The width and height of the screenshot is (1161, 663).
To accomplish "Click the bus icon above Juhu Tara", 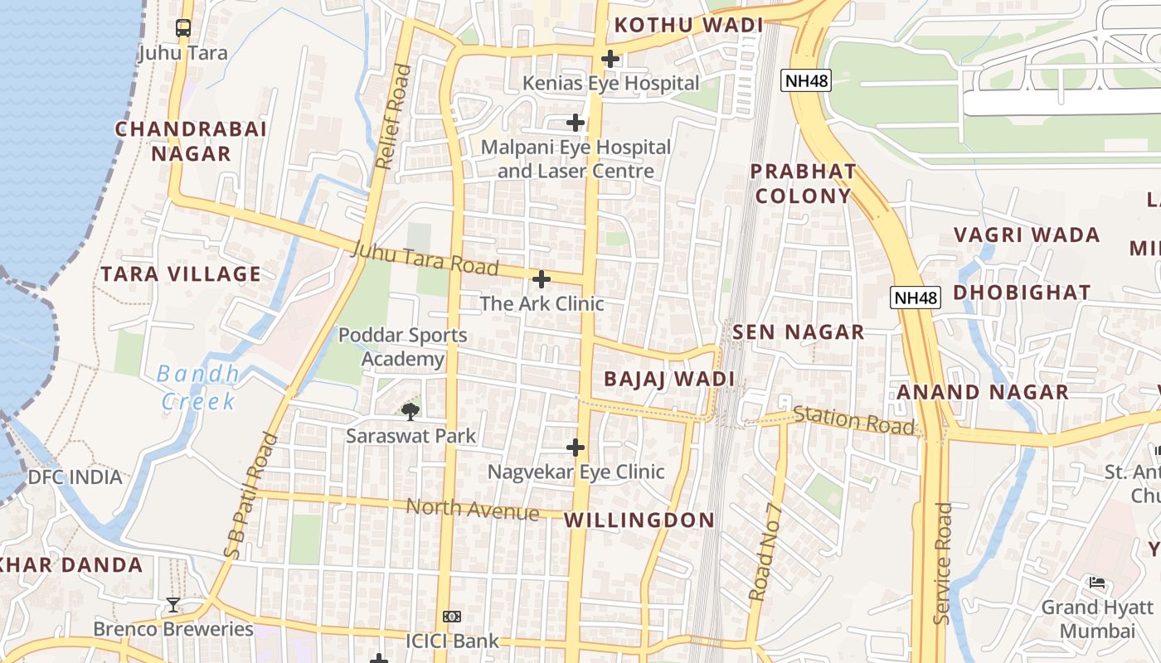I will tap(183, 28).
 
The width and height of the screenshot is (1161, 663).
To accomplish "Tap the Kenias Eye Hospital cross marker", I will tap(610, 59).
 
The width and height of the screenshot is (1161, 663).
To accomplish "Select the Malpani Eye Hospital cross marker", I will tap(576, 123).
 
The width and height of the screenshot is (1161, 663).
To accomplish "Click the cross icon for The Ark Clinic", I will tap(542, 279).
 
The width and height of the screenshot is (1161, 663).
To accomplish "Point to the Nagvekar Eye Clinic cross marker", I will tap(576, 448).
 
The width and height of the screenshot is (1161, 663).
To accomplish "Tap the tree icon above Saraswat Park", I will tap(410, 411).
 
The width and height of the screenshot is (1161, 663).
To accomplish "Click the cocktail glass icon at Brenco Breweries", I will tap(172, 605).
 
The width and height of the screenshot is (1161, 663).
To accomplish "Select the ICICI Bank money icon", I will tap(452, 617).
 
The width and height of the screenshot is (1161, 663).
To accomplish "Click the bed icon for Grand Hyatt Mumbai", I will tap(1097, 583).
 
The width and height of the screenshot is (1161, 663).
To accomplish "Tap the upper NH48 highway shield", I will tap(806, 80).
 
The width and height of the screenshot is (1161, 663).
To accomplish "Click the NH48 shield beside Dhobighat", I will tap(916, 298).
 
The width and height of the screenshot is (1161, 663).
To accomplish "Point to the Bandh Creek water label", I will tap(199, 388).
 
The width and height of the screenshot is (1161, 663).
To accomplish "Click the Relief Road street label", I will tap(393, 117).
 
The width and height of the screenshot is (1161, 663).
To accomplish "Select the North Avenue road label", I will tap(474, 509).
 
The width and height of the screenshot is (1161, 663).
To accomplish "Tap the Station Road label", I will tap(854, 420).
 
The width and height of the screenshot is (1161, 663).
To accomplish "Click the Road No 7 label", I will tap(765, 551).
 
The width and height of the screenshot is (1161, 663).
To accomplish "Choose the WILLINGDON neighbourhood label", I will tap(639, 520).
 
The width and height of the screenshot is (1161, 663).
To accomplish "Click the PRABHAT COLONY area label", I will tap(803, 184).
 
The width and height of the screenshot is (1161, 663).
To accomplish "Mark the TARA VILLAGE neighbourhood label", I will tap(181, 274).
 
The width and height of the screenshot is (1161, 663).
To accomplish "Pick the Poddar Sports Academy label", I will tap(403, 347).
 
